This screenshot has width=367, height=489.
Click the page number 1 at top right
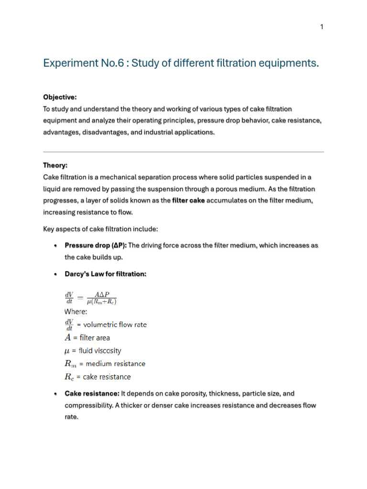click(322, 27)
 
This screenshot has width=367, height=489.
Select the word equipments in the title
click(288, 63)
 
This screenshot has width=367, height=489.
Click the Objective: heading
click(60, 97)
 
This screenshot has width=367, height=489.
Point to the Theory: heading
click(55, 165)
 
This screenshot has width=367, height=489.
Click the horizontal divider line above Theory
click(183, 152)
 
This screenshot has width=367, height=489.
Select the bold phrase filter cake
click(188, 201)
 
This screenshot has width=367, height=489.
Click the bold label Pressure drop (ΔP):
click(96, 245)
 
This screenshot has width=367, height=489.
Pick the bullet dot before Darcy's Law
click(56, 274)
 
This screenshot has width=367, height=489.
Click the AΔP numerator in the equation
click(102, 295)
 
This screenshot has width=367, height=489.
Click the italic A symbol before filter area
click(67, 338)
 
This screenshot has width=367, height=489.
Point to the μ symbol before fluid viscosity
click(67, 351)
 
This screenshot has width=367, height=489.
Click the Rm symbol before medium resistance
click(70, 364)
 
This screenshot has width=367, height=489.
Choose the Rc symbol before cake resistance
click(70, 377)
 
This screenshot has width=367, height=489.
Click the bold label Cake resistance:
click(92, 393)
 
